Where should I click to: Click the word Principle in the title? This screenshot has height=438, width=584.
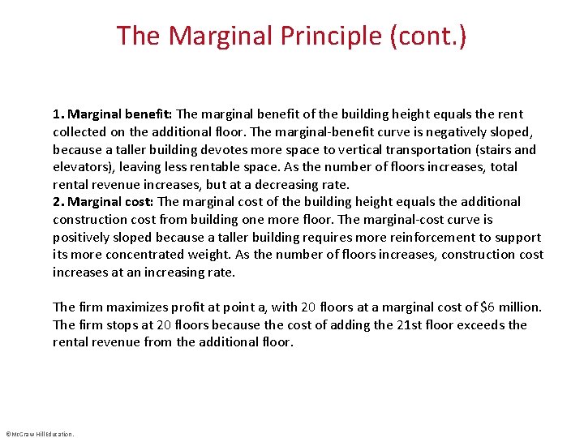tap(340, 36)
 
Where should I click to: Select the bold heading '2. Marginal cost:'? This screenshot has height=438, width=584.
tap(103, 202)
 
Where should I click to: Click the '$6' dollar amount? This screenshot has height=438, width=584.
tap(487, 307)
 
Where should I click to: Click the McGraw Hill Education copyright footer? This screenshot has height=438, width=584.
tap(40, 434)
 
